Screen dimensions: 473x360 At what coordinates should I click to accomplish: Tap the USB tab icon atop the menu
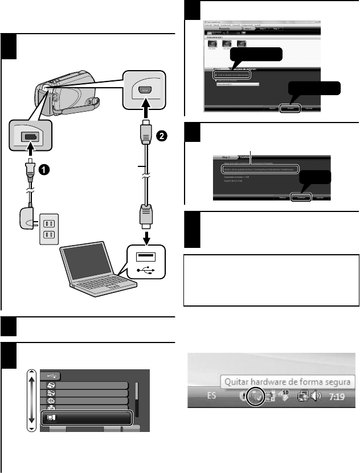pyautogui.click(x=51, y=376)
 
